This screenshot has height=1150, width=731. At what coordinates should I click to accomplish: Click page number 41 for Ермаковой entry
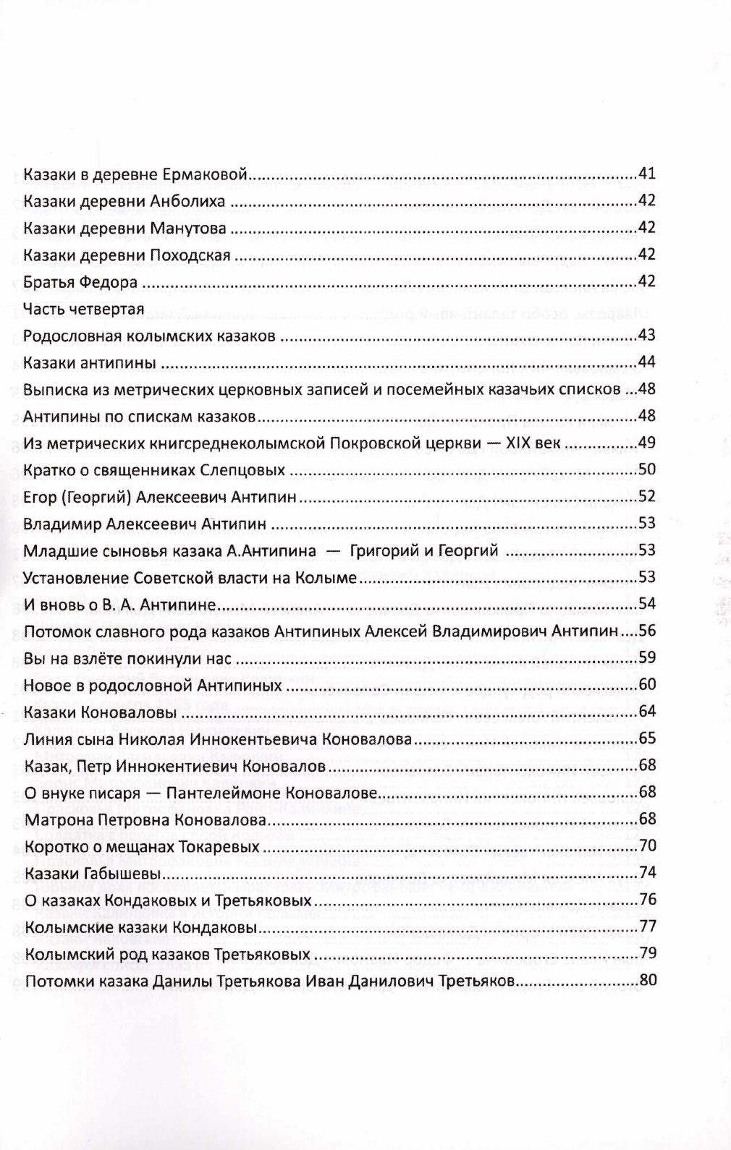(x=647, y=174)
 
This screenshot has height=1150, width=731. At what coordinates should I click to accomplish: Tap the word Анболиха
(x=187, y=201)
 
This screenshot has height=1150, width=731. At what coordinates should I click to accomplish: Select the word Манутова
(x=188, y=228)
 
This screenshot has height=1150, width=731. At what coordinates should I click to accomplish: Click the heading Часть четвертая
(x=83, y=309)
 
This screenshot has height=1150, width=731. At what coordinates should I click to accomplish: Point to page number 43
(x=647, y=335)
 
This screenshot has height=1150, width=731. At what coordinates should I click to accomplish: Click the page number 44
(x=647, y=362)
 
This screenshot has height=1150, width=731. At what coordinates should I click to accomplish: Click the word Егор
(x=38, y=497)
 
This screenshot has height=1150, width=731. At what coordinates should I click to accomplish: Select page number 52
(x=647, y=496)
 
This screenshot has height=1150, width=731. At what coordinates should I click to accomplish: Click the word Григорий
(x=379, y=550)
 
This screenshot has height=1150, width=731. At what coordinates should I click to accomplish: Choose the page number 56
(x=647, y=631)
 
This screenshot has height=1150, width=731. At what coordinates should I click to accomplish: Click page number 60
(x=647, y=684)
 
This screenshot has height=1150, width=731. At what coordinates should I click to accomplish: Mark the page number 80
(x=647, y=981)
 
